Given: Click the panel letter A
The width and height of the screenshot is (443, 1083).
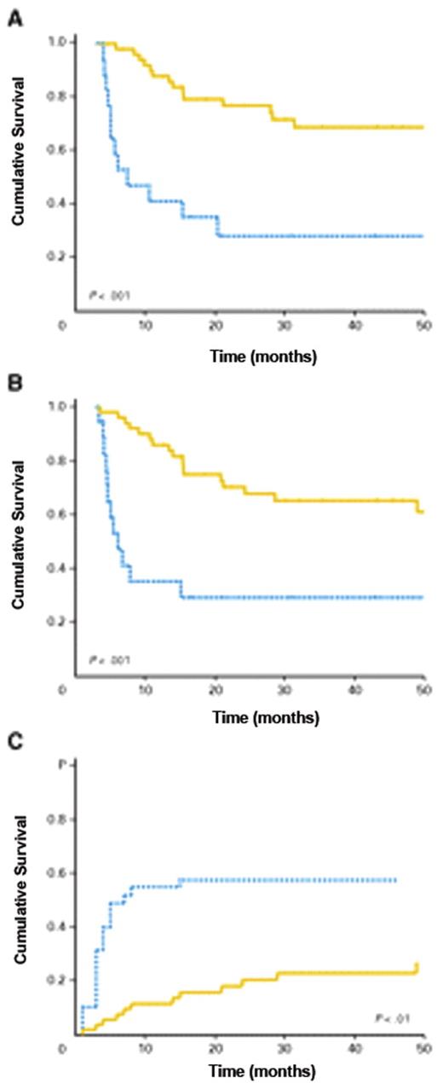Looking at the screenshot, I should (14, 19).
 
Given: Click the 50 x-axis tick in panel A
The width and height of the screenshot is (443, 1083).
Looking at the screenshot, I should (423, 327).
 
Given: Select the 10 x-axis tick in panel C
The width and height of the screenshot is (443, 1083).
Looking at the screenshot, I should (145, 1045).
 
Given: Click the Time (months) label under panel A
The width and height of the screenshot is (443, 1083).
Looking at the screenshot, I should (264, 357).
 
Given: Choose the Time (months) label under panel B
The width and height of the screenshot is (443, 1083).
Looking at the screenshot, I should (264, 718).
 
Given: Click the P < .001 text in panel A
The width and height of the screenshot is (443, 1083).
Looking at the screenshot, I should (110, 296).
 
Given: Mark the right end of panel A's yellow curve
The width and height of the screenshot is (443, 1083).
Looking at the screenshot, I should (423, 127).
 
